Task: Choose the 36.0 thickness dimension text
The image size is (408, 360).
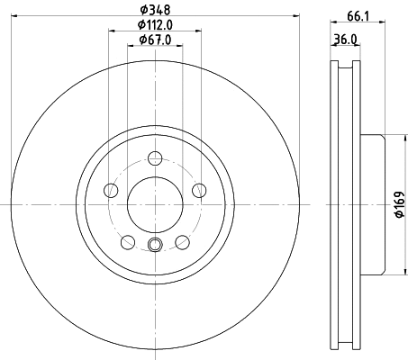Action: point(345,39)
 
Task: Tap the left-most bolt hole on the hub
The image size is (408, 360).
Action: point(111,190)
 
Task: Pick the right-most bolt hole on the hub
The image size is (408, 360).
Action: point(198,190)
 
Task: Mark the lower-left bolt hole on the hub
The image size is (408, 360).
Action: point(127,240)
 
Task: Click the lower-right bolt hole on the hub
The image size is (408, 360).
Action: point(181,240)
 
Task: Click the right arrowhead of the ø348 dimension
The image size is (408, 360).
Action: point(294,16)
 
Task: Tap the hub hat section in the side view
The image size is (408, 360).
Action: point(372,205)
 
